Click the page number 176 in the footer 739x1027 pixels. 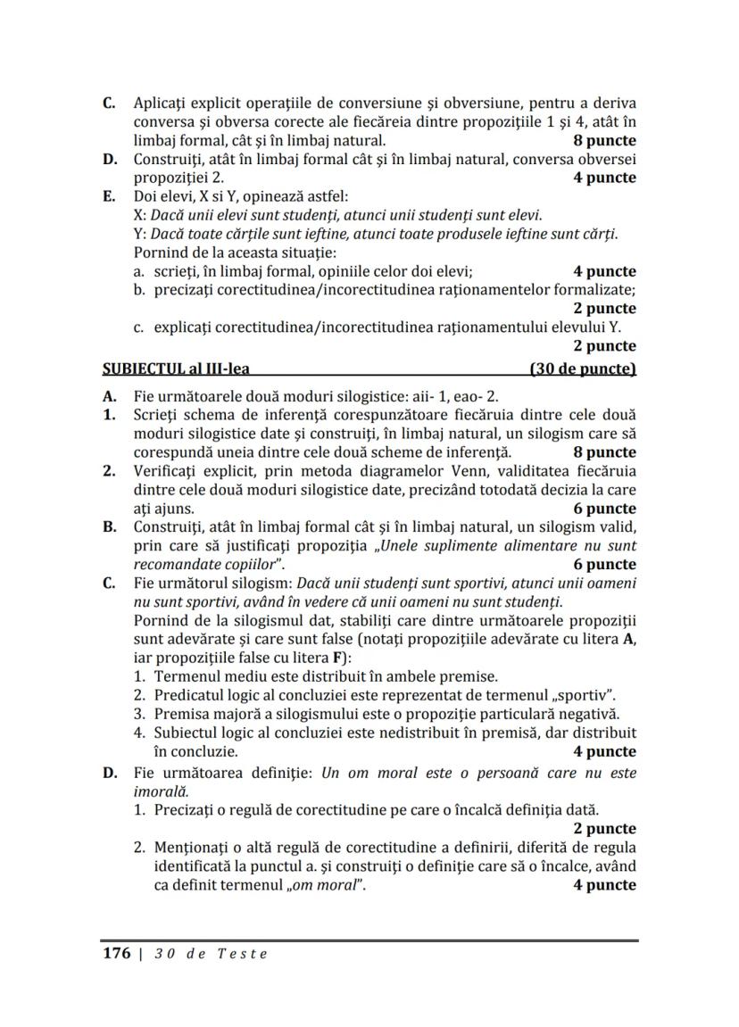pyautogui.click(x=116, y=953)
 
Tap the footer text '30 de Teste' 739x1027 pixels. pyautogui.click(x=211, y=953)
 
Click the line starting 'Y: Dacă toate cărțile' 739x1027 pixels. pyautogui.click(x=374, y=234)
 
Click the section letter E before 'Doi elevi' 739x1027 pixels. pyautogui.click(x=108, y=196)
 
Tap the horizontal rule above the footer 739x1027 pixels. pyautogui.click(x=369, y=940)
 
